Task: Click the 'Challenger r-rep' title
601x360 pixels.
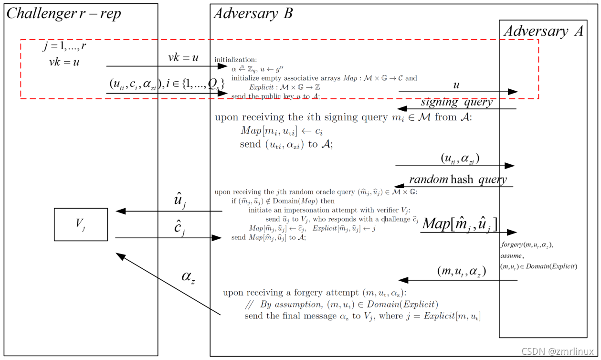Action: coord(64,13)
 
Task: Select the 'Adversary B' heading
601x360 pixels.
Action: coord(253,13)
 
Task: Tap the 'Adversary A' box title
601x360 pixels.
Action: coord(543,32)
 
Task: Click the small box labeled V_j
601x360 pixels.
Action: coord(81,224)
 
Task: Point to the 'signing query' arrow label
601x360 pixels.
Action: coord(456,102)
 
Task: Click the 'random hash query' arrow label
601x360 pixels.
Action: coord(458,180)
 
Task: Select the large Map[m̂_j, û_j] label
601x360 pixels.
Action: coord(460,223)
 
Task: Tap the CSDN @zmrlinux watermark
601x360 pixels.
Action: coord(558,351)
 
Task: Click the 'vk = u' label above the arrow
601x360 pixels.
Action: coord(183,58)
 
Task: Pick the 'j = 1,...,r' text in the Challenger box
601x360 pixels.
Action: coord(64,46)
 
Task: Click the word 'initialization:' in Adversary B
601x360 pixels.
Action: coord(235,60)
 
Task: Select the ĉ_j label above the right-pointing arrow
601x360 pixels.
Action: coord(180,228)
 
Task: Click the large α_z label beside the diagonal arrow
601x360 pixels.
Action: coord(188,276)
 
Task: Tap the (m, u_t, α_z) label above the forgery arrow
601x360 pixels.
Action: coord(461,271)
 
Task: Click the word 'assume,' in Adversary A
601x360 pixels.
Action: coord(512,255)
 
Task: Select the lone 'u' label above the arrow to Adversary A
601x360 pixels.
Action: coord(456,85)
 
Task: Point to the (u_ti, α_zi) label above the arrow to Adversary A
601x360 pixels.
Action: coord(460,158)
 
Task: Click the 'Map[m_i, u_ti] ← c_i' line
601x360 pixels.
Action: coord(278,131)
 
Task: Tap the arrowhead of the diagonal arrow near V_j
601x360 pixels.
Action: coord(120,255)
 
